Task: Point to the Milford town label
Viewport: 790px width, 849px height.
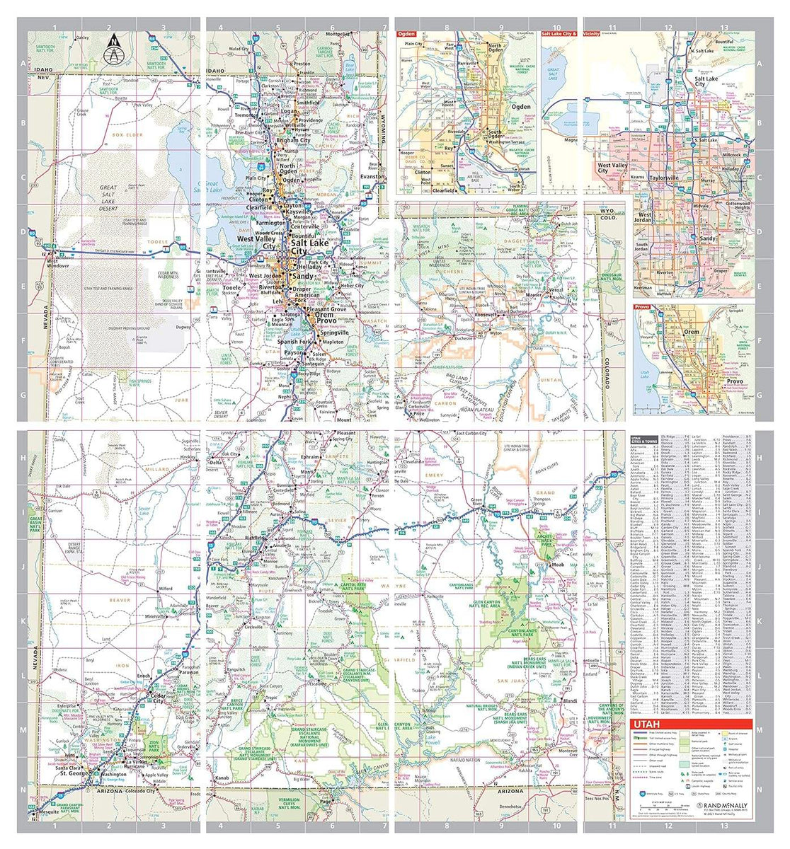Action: pos(166,588)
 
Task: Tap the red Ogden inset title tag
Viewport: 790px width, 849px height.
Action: pos(406,33)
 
